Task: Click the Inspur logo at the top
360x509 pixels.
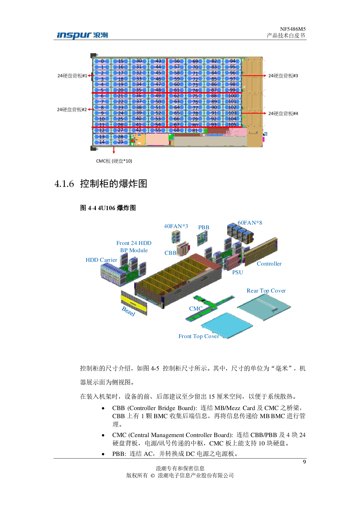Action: tap(82, 36)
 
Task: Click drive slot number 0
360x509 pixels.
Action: tap(102, 61)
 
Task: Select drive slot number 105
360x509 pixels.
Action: tap(232, 125)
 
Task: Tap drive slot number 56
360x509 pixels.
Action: tap(177, 61)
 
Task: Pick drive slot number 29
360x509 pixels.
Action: tap(120, 142)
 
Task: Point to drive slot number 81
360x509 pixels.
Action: tap(195, 131)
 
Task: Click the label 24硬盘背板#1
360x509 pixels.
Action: tap(72, 76)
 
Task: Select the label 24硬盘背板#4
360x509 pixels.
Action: tap(283, 113)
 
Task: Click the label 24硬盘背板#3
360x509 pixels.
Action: tap(283, 76)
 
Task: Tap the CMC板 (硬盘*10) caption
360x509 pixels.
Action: tap(114, 161)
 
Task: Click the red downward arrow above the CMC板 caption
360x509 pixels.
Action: tap(114, 150)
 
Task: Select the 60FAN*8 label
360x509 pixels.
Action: tap(250, 223)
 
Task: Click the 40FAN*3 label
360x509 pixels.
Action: tap(176, 226)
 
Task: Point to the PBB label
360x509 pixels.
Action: tap(204, 227)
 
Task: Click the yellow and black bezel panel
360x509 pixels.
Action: tap(134, 303)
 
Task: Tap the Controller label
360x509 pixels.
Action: tap(269, 264)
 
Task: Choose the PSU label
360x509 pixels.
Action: tap(237, 272)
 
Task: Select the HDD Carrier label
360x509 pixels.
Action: tap(101, 260)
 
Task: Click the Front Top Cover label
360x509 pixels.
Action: tap(199, 336)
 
